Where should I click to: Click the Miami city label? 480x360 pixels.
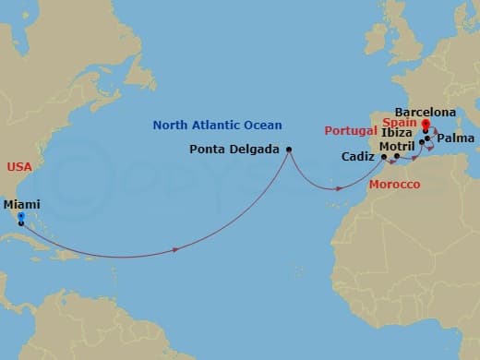click(x=21, y=205)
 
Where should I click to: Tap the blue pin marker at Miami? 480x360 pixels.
click(x=20, y=218)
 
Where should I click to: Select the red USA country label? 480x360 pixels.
click(x=19, y=167)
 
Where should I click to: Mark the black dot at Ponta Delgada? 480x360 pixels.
click(x=289, y=150)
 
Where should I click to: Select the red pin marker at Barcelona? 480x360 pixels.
click(x=425, y=125)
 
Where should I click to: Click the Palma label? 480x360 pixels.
click(x=456, y=138)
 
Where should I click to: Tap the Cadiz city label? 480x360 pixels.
click(x=357, y=158)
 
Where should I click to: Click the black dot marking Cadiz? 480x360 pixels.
click(x=385, y=157)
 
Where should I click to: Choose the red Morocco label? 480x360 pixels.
click(x=394, y=186)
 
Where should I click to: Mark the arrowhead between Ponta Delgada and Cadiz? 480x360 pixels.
click(x=341, y=189)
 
